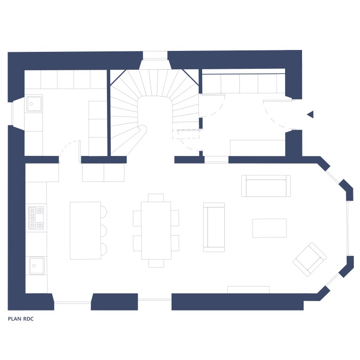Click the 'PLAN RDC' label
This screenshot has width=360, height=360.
pyautogui.click(x=21, y=319)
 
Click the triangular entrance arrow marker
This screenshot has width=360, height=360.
pyautogui.click(x=311, y=115)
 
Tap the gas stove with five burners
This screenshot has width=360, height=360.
pyautogui.click(x=36, y=218)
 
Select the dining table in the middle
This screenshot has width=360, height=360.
pyautogui.click(x=156, y=230)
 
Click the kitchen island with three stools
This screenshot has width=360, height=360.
pyautogui.click(x=85, y=230)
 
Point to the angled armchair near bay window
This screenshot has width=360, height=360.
pyautogui.click(x=310, y=260)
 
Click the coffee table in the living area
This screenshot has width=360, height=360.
pyautogui.click(x=270, y=228)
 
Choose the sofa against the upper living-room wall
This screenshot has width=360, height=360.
pyautogui.click(x=266, y=186)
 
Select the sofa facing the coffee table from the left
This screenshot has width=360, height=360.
pyautogui.click(x=214, y=227)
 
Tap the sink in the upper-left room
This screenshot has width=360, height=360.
pyautogui.click(x=34, y=104)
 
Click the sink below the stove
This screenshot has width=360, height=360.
pyautogui.click(x=37, y=266)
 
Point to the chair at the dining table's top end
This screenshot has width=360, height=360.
pyautogui.click(x=156, y=198)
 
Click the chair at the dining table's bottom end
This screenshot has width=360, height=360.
pyautogui.click(x=156, y=263)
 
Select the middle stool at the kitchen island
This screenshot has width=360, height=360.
pyautogui.click(x=104, y=231)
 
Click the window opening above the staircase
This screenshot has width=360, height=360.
pyautogui.click(x=155, y=55)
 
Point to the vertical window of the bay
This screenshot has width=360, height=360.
pyautogui.click(x=349, y=228)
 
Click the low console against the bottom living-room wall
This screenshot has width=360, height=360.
pyautogui.click(x=248, y=289)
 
